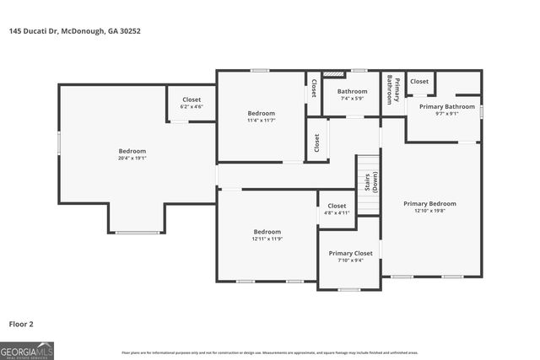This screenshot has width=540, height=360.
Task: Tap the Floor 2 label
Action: (21, 323)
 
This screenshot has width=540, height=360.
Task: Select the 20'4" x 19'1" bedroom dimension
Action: (132, 158)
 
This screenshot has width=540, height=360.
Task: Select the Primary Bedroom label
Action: (429, 203)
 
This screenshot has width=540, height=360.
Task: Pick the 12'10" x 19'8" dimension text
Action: (429, 212)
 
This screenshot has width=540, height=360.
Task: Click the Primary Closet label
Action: (350, 253)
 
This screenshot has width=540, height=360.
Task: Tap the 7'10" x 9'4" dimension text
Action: (350, 261)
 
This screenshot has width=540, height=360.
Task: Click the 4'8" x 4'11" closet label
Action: (337, 209)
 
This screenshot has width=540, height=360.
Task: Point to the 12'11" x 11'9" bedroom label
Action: (267, 235)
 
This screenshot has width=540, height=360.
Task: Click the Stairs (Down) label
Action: (371, 184)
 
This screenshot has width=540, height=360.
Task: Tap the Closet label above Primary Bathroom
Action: (419, 82)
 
